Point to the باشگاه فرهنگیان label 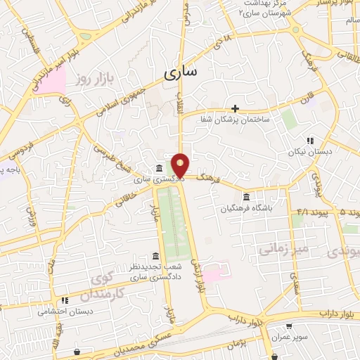point(246,209)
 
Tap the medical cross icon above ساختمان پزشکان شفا point(236,109)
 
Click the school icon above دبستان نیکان point(310,141)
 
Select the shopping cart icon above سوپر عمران point(288,326)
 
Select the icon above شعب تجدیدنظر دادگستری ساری point(155,256)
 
